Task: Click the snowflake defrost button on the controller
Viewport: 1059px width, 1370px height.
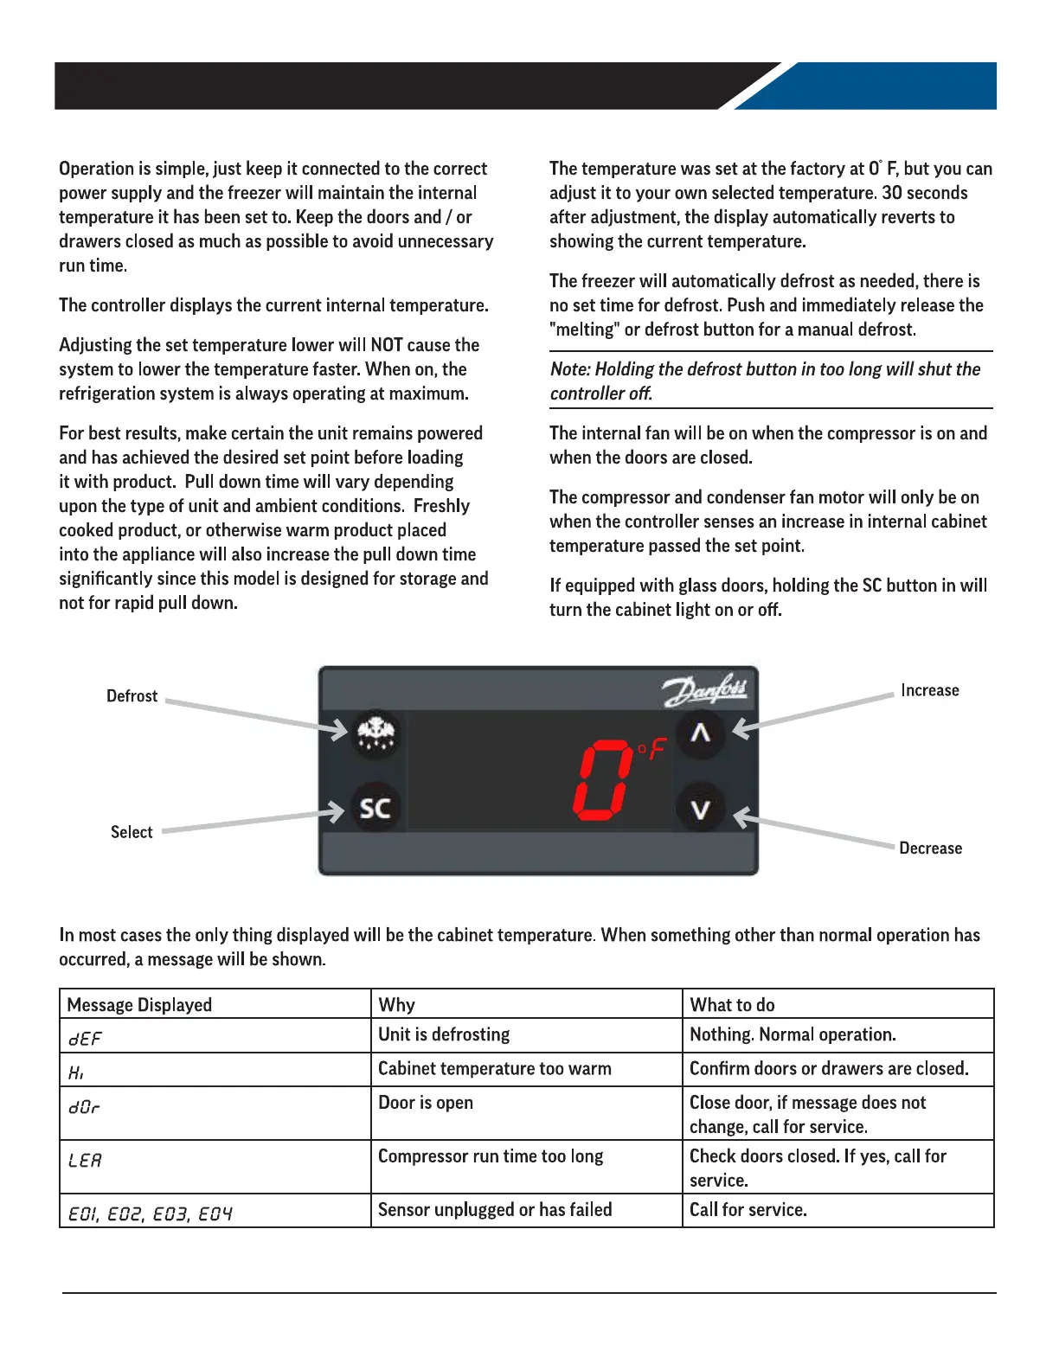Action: (375, 734)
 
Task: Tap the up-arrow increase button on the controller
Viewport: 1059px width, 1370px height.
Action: (700, 733)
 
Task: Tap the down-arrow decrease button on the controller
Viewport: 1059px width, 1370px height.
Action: (700, 809)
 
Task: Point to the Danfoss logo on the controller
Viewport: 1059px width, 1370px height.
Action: (706, 691)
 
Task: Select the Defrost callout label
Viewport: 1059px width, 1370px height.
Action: (132, 696)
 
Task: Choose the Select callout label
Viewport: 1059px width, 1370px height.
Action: (132, 832)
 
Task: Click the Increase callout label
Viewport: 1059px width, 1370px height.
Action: (929, 690)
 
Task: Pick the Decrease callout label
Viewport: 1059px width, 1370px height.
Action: (930, 848)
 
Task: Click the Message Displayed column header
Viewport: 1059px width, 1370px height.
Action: (139, 1005)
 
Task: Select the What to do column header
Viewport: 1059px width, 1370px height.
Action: (732, 1005)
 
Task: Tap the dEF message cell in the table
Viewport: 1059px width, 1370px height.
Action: (85, 1038)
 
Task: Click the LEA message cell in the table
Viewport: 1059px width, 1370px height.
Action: (85, 1161)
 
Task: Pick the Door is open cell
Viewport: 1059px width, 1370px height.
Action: (426, 1103)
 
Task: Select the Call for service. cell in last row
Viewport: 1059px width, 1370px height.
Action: (748, 1210)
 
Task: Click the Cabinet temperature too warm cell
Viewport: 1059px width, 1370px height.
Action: (494, 1069)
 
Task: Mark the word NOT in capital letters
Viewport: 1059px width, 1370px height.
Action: (387, 345)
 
